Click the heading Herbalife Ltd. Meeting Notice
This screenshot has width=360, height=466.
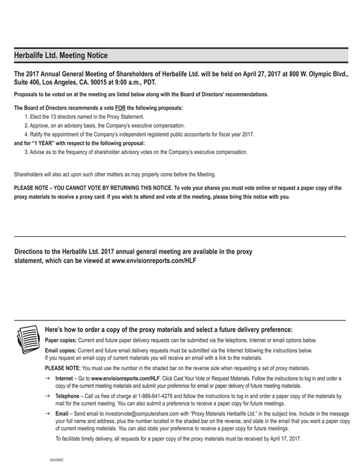(61, 56)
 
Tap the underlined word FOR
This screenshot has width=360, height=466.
(120, 108)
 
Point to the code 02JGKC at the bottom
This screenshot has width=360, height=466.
(57, 461)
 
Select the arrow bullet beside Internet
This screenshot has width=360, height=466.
(48, 379)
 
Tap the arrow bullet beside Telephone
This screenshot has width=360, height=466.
(48, 396)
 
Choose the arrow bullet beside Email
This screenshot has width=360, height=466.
(48, 413)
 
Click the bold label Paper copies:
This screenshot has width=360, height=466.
(61, 340)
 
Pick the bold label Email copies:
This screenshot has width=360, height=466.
(61, 351)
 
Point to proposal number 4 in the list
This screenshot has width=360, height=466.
(26, 135)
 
